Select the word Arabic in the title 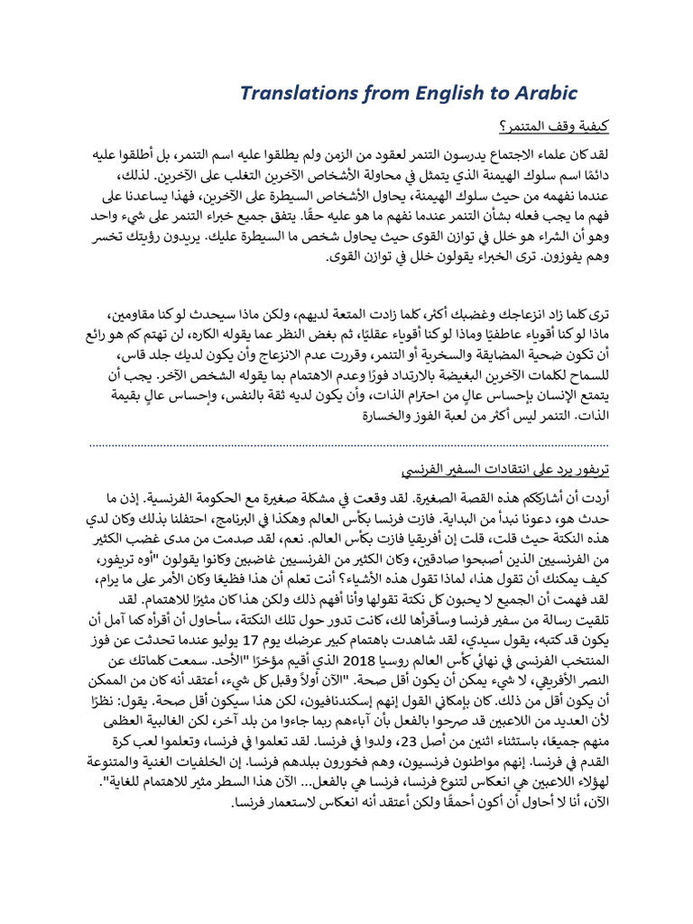tap(540, 94)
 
